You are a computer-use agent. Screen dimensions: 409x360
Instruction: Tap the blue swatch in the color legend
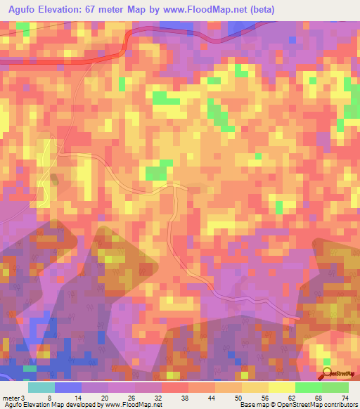click(67, 387)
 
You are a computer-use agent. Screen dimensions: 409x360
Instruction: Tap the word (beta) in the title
click(259, 10)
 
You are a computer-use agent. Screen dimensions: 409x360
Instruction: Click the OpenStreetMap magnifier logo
click(328, 372)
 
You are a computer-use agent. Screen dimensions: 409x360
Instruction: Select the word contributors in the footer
click(338, 405)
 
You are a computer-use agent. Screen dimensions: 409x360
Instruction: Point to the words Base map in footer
click(252, 405)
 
